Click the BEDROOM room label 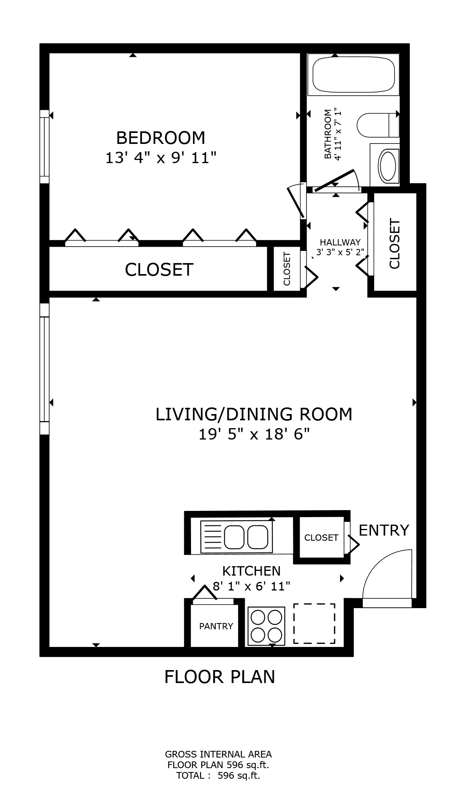(161, 138)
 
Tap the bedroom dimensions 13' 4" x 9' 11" (161, 158)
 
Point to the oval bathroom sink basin (388, 165)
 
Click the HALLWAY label (340, 242)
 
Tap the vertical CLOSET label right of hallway (395, 243)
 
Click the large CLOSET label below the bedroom (159, 270)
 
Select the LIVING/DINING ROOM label (254, 414)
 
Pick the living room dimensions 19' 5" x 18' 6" (254, 434)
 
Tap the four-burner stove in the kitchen (267, 626)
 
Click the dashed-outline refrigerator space (314, 623)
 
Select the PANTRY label (216, 626)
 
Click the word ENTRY (384, 530)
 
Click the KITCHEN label (251, 570)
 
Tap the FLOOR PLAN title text (219, 677)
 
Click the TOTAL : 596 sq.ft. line (218, 775)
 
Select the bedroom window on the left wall (44, 147)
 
